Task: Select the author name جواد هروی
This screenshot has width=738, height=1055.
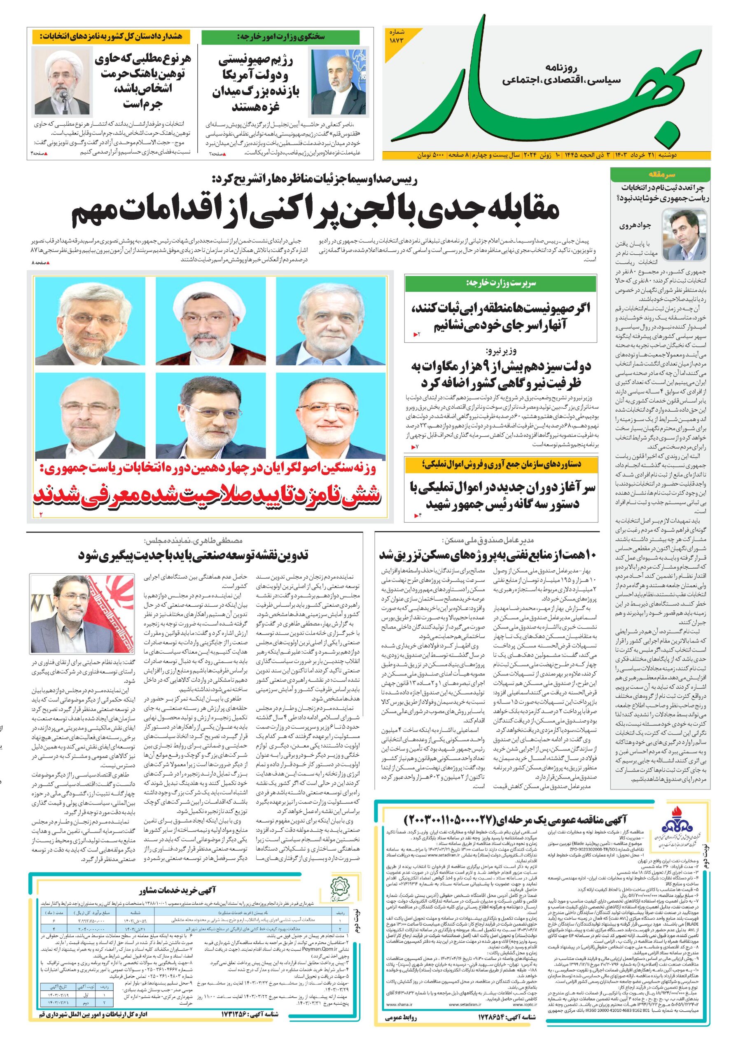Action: [x=633, y=226]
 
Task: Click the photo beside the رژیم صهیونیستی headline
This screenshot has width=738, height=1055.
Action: [x=339, y=82]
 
